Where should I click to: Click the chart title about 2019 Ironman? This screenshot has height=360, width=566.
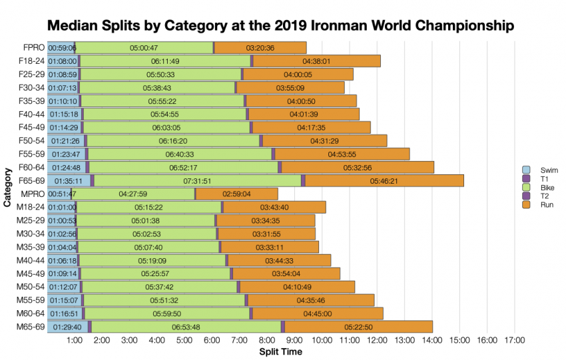tap(280, 26)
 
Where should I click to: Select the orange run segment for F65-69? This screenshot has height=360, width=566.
tap(384, 180)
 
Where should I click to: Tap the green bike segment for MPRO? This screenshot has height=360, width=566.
tap(133, 194)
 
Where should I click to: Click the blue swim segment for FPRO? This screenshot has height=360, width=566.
tap(61, 48)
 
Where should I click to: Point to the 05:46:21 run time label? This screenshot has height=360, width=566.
tap(384, 180)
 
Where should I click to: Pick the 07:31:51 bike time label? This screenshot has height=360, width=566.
tap(196, 180)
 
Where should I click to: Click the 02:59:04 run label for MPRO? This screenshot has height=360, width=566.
tap(236, 194)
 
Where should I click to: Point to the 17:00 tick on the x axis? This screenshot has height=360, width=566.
tap(515, 341)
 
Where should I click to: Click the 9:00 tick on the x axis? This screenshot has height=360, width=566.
tap(295, 341)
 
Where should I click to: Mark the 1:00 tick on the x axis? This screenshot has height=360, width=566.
tap(75, 341)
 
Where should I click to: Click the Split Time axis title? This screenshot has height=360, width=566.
tap(280, 351)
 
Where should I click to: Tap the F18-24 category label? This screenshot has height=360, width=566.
tap(31, 61)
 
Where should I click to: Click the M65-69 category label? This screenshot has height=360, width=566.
tap(30, 326)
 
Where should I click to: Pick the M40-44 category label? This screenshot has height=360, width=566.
tap(30, 260)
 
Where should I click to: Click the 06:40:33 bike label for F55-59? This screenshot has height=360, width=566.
tap(180, 154)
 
